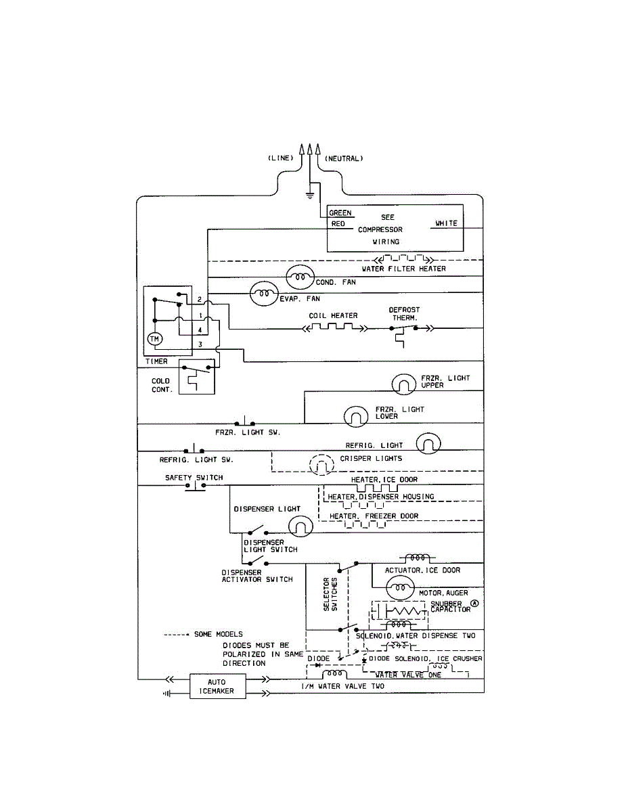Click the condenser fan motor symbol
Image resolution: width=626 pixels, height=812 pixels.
tap(300, 277)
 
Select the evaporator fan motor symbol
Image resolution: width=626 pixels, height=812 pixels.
tap(264, 294)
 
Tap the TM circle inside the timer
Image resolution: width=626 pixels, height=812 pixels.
tap(154, 339)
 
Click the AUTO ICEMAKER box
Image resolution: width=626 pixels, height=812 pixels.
tap(217, 686)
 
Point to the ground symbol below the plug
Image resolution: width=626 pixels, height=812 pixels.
tap(309, 196)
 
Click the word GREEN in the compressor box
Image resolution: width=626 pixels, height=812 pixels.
tap(340, 213)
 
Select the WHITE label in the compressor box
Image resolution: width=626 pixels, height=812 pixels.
tap(446, 223)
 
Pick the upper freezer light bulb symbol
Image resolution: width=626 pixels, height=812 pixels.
tap(403, 384)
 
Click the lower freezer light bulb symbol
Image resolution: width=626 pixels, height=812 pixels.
tap(356, 416)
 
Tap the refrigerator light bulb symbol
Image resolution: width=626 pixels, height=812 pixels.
tap(428, 443)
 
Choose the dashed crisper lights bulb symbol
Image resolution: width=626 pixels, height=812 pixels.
tap(321, 464)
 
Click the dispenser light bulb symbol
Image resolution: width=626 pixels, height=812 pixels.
tap(300, 526)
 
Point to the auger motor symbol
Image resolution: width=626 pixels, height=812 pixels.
tap(400, 587)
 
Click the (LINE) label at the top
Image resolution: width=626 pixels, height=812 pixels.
tap(281, 158)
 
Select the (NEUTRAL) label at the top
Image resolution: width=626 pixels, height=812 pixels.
tap(344, 158)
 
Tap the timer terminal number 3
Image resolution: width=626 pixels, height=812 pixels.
tap(200, 344)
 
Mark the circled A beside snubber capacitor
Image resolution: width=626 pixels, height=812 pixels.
tap(474, 603)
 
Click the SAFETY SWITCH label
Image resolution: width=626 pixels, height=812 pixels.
tap(194, 478)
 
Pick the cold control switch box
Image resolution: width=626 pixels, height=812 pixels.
tap(196, 377)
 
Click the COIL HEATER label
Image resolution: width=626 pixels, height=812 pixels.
tap(333, 316)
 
